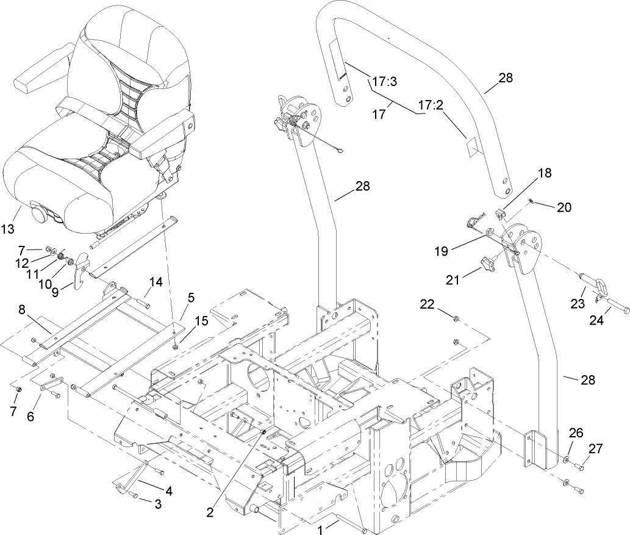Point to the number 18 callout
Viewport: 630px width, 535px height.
click(x=544, y=173)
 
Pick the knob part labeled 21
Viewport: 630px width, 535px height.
click(x=487, y=264)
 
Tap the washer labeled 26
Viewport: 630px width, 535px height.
click(x=568, y=459)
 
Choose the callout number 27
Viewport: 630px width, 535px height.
click(x=595, y=448)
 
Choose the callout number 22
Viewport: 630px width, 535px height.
click(x=428, y=304)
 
